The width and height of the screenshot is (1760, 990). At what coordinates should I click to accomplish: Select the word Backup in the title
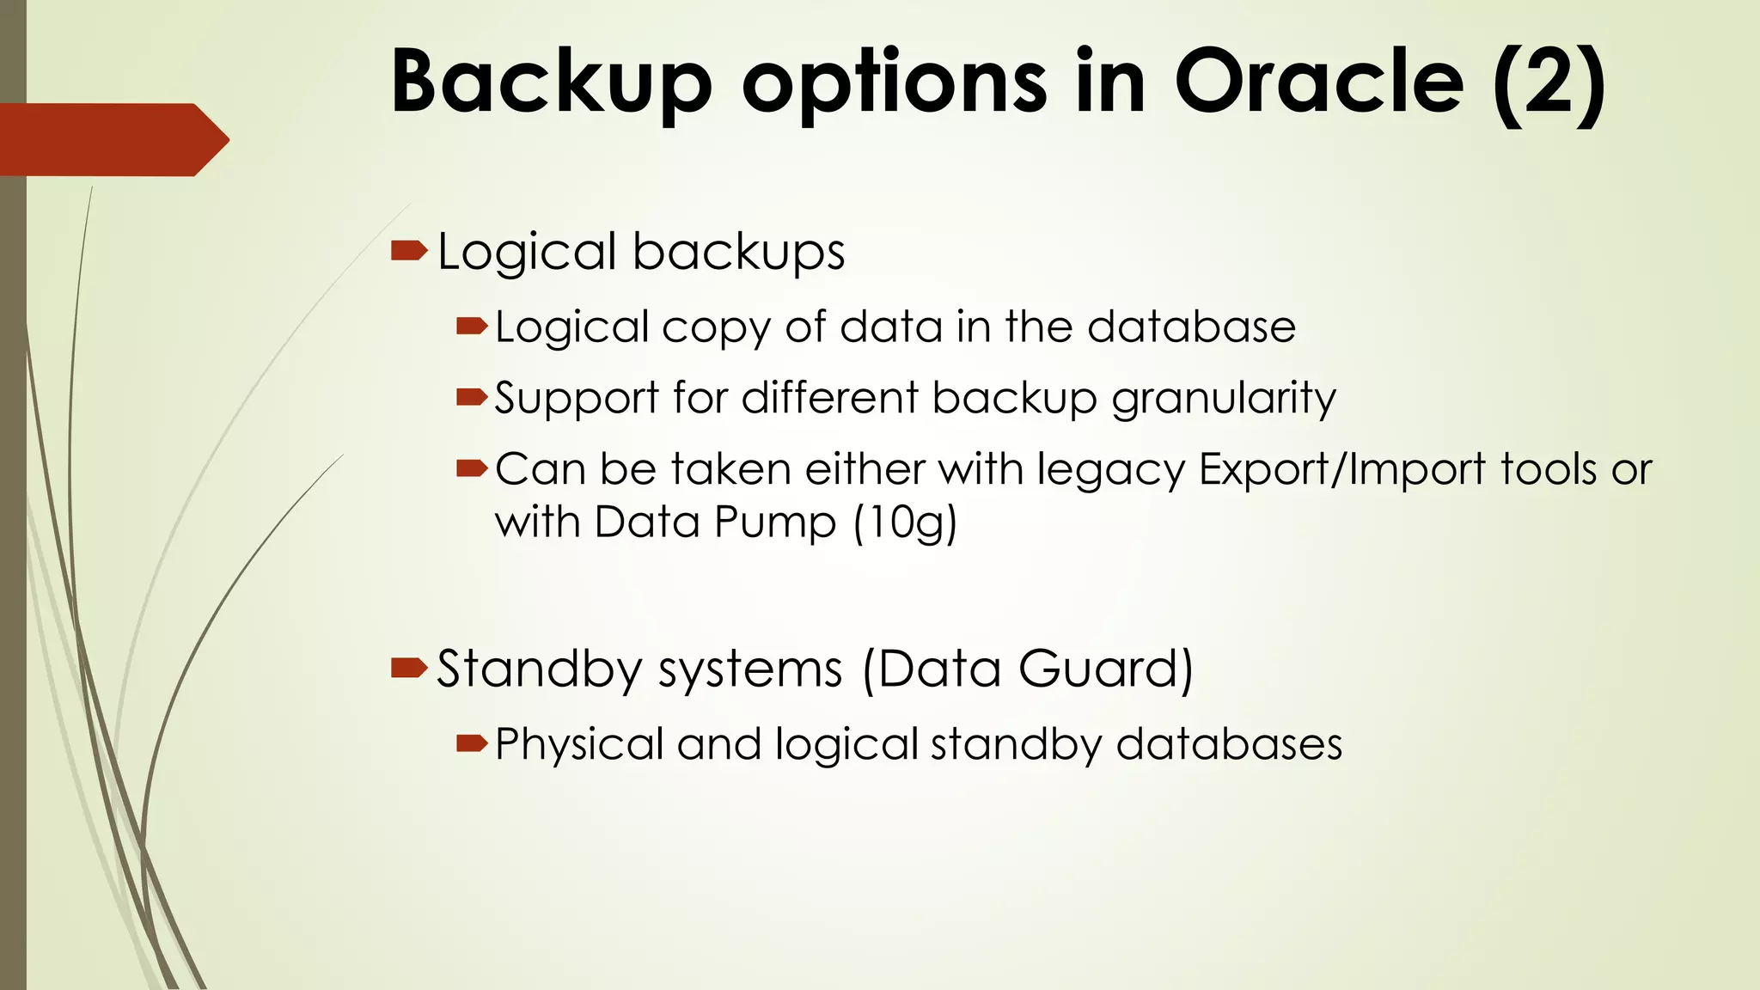pyautogui.click(x=551, y=83)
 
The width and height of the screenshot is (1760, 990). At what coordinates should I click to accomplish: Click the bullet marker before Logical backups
pyautogui.click(x=408, y=251)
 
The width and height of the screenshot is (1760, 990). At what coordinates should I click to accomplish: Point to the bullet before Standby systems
pyautogui.click(x=408, y=668)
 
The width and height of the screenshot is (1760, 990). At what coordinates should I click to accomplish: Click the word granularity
pyautogui.click(x=1224, y=400)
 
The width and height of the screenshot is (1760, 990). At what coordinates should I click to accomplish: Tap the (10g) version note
pyautogui.click(x=905, y=522)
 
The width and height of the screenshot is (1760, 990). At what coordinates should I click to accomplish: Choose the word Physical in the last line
pyautogui.click(x=579, y=744)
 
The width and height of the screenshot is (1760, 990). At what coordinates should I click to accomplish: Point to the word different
pyautogui.click(x=830, y=398)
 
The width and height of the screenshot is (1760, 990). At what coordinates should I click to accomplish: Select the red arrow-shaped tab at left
pyautogui.click(x=112, y=139)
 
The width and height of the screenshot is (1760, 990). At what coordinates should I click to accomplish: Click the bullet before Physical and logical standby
pyautogui.click(x=472, y=742)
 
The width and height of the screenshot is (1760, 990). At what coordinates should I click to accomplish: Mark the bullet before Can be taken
pyautogui.click(x=472, y=468)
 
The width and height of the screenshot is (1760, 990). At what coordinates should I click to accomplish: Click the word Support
pyautogui.click(x=577, y=400)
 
